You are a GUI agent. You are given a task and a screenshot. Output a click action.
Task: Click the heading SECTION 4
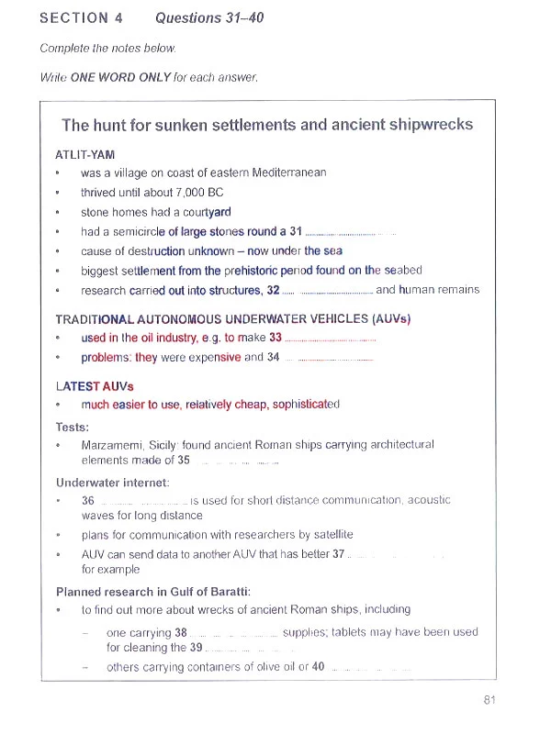click(x=82, y=17)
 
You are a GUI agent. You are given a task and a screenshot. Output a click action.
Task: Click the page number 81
click(x=489, y=700)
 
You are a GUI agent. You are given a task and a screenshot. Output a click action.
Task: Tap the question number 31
click(x=295, y=231)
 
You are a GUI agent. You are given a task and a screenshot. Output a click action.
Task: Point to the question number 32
click(x=273, y=290)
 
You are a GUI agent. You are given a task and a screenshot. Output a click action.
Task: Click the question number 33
click(x=275, y=338)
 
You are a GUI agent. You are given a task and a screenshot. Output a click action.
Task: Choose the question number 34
click(x=273, y=357)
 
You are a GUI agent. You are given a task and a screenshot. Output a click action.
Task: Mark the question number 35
click(x=184, y=461)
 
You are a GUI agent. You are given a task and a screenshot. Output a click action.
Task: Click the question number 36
click(x=88, y=501)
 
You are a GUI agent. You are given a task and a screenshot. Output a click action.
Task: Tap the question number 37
click(x=339, y=554)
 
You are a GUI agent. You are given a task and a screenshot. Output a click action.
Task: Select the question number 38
click(x=180, y=632)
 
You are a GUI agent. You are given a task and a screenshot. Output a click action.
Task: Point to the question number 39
click(x=196, y=647)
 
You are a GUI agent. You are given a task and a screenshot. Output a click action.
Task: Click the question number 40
click(x=318, y=666)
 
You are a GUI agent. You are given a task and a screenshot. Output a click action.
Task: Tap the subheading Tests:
click(x=73, y=427)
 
